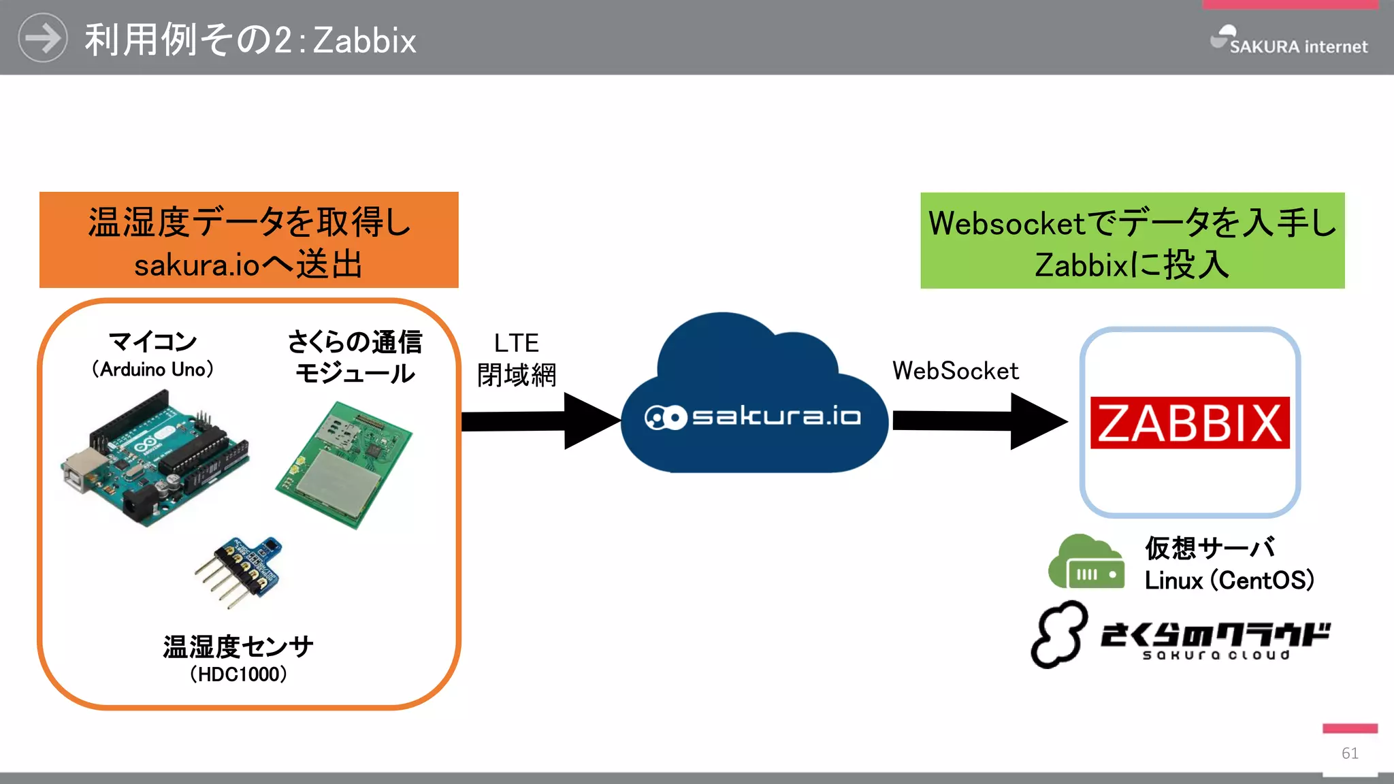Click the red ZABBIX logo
(1189, 423)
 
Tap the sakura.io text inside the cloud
(776, 416)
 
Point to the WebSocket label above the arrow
(955, 371)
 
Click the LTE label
(516, 343)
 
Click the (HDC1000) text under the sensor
(238, 674)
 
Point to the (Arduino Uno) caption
(153, 369)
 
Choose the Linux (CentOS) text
(1229, 581)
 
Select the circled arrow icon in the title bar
(42, 38)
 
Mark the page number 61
(1350, 753)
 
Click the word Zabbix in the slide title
(365, 41)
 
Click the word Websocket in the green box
(1007, 223)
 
